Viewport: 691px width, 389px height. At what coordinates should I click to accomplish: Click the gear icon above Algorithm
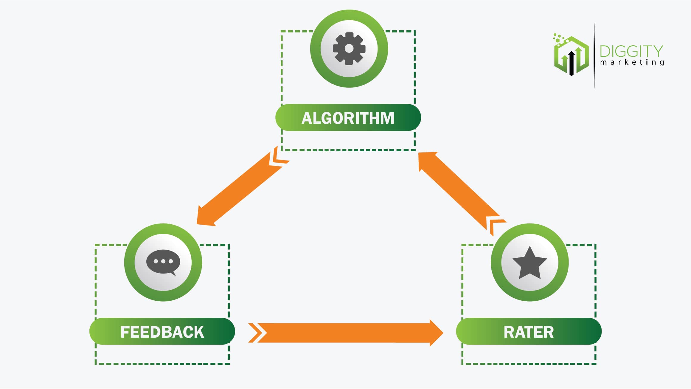[349, 49]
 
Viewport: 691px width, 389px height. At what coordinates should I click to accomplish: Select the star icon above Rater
[529, 263]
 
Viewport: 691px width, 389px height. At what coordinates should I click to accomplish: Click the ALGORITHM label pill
[348, 118]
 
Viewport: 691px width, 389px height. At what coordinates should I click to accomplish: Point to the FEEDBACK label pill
[162, 331]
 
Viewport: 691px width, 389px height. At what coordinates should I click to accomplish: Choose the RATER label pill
[529, 331]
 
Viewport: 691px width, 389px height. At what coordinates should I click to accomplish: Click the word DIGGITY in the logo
[631, 52]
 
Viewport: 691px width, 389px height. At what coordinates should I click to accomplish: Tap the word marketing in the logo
[632, 62]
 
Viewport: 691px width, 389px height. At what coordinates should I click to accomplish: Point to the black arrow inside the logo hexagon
[571, 63]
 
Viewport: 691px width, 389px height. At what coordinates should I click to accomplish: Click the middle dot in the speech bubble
[163, 261]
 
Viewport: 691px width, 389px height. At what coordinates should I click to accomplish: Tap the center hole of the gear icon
[349, 49]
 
